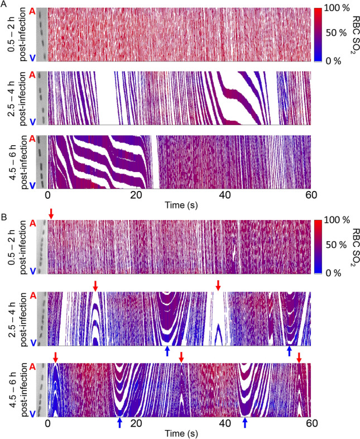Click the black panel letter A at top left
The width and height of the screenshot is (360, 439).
click(x=4, y=4)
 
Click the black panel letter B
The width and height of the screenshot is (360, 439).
click(x=4, y=214)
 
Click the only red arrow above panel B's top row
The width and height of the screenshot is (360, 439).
click(x=51, y=213)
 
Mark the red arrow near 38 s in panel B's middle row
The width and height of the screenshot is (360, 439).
click(x=218, y=285)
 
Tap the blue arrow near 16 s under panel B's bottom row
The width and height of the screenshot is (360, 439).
click(x=120, y=423)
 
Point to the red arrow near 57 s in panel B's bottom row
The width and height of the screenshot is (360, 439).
click(x=299, y=357)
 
